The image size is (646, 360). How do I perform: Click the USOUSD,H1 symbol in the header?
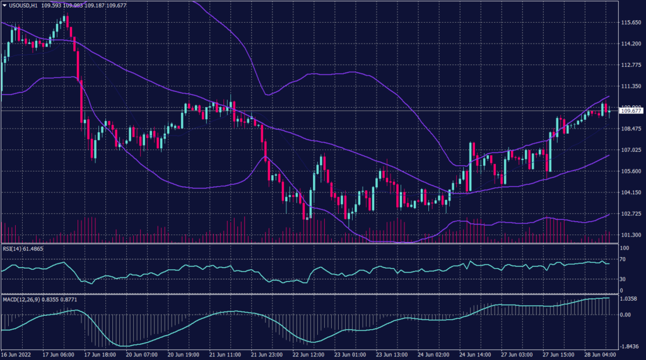tap(21, 5)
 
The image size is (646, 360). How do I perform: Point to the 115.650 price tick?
tap(631, 23)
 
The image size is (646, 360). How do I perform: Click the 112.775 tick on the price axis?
tap(631, 65)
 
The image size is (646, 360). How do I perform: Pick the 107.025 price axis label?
tap(631, 150)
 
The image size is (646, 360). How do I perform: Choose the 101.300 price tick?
tap(631, 235)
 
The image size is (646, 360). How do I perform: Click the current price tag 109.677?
tap(631, 111)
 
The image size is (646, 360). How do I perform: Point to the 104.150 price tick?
tap(631, 193)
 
